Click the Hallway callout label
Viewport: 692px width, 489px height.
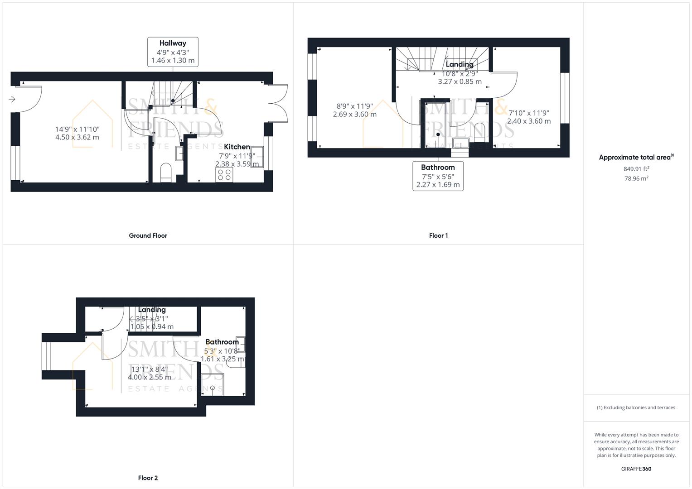click(173, 52)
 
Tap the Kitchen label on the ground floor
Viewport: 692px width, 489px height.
click(237, 147)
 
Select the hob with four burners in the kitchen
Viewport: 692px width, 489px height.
click(224, 175)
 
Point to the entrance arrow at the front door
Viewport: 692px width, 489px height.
click(12, 99)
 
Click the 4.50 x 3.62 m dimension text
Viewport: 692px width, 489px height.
click(77, 137)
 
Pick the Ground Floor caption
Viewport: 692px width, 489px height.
click(148, 235)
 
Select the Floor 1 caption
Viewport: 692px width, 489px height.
click(438, 235)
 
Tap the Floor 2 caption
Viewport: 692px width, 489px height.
click(148, 478)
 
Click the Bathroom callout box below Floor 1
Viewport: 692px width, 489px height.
click(438, 176)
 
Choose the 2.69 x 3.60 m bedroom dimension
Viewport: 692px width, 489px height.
click(354, 115)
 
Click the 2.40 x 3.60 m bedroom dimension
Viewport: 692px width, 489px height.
click(529, 121)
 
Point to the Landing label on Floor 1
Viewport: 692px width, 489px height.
click(460, 64)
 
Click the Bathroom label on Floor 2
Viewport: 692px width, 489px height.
click(222, 342)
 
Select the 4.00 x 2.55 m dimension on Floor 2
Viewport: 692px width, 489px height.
click(150, 377)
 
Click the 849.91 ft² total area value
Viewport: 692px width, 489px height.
click(636, 169)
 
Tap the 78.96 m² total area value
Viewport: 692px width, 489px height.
click(636, 178)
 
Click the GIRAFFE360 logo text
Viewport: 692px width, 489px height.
click(636, 469)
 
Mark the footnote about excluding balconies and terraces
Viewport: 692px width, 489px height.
click(636, 407)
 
